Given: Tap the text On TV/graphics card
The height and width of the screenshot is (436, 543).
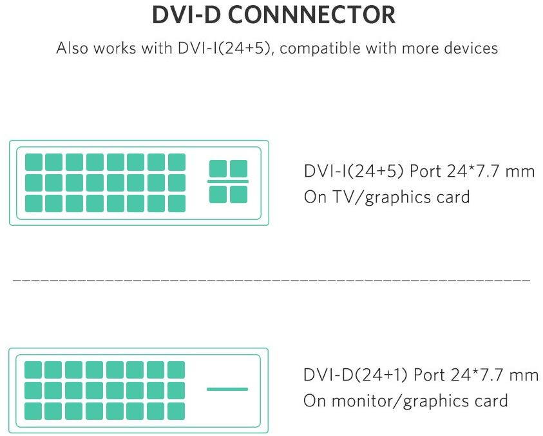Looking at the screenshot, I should pos(386,196).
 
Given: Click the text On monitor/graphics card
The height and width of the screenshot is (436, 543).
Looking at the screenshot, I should pos(406,401).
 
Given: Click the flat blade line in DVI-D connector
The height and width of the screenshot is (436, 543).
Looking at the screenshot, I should pos(227,389).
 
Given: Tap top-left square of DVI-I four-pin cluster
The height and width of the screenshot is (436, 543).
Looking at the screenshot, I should pos(218,169).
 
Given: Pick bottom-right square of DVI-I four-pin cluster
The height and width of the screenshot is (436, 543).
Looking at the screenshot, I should pos(238,194).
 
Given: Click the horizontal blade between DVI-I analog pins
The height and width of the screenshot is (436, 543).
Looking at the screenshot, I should pos(228,182).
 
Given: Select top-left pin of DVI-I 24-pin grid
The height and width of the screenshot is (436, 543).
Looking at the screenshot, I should pos(33,162).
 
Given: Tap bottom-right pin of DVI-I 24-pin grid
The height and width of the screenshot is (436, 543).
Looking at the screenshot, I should pos(176,204).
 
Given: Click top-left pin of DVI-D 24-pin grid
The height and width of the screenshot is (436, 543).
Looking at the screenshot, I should pos(33,370).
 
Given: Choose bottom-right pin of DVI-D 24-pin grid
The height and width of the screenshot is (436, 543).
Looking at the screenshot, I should pos(176,411).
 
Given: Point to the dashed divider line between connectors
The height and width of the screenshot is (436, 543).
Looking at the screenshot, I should pos(271,282).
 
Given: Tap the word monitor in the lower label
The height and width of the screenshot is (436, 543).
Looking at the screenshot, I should pos(364,401).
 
